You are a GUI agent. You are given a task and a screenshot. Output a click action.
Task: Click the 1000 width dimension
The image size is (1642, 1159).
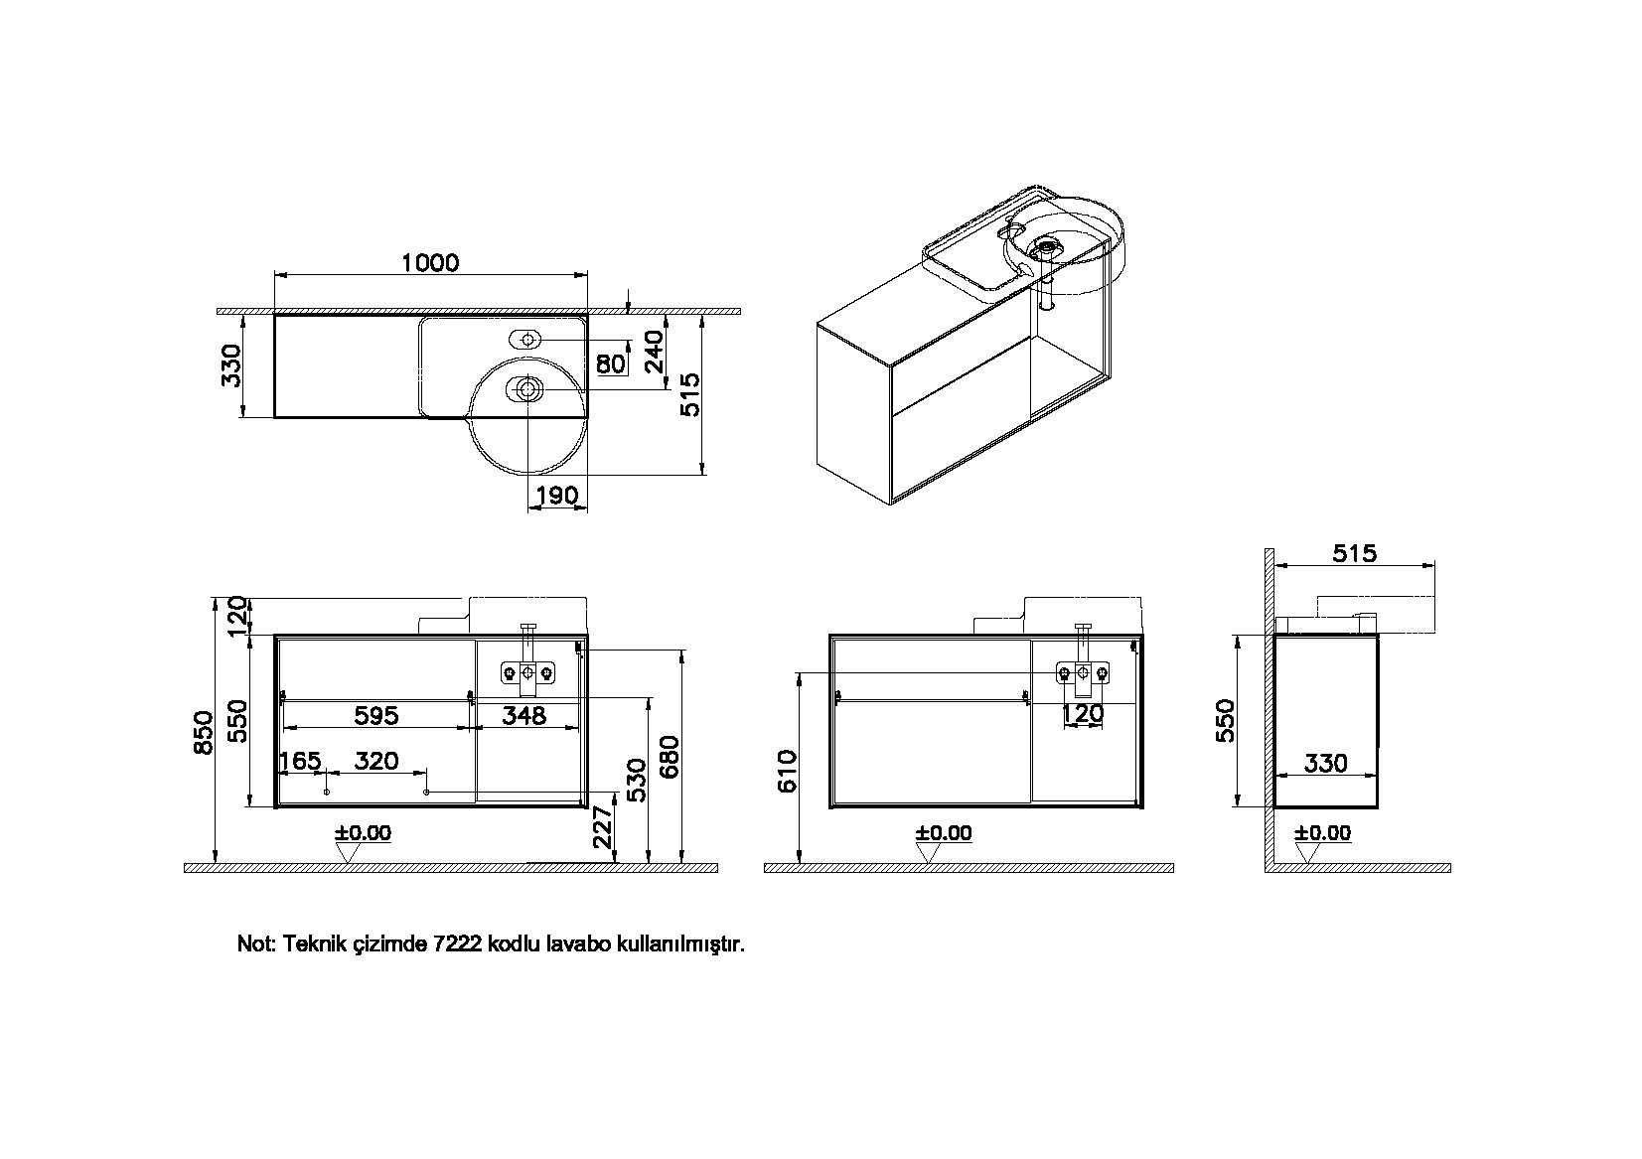(x=430, y=262)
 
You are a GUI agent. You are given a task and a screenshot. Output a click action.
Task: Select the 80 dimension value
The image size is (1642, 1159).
(x=611, y=363)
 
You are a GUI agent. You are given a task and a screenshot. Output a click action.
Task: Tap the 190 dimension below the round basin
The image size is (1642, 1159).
(x=558, y=496)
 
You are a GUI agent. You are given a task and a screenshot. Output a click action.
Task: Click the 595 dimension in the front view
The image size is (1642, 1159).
(x=376, y=715)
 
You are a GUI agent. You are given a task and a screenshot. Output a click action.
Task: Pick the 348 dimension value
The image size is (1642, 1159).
(x=524, y=715)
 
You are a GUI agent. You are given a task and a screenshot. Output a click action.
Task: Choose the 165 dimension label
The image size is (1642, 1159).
(x=301, y=761)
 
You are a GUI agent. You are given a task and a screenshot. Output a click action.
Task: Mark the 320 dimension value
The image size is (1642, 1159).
(x=376, y=761)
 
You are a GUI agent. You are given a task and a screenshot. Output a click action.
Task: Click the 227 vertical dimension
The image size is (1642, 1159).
(x=603, y=827)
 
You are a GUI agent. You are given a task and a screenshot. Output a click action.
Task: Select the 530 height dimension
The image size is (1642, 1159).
(x=637, y=780)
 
